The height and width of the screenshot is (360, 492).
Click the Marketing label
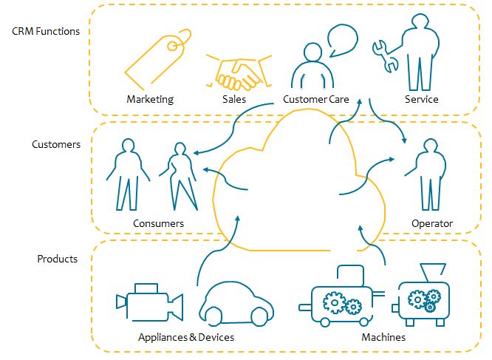point(150,99)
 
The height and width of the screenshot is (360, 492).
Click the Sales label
point(233,99)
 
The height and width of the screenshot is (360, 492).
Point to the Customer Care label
point(316,99)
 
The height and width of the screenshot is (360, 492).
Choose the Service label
point(422,99)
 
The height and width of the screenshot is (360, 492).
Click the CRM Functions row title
point(46,32)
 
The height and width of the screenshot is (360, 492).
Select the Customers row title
point(56,144)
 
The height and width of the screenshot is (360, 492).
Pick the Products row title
point(58,259)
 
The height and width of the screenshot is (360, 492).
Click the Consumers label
point(158,223)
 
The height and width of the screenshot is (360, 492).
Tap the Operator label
point(432,223)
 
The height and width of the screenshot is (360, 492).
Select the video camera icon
point(149,302)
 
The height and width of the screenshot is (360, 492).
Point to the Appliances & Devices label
point(186,338)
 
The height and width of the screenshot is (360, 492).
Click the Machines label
point(383,338)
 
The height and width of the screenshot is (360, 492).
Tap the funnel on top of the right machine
point(427,271)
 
